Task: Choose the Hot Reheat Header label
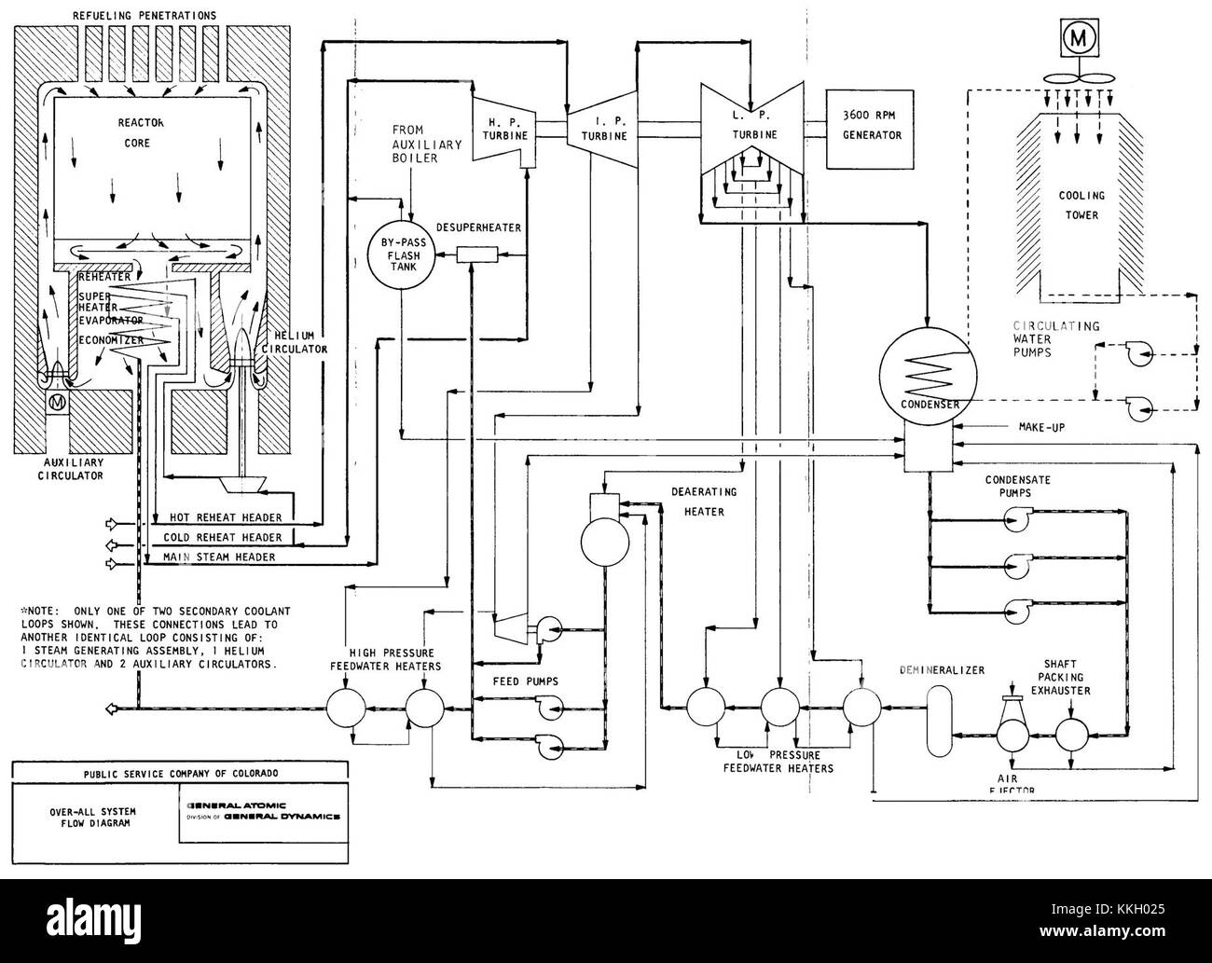[225, 517]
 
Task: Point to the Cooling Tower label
[1081, 205]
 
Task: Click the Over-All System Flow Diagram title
[92, 818]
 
